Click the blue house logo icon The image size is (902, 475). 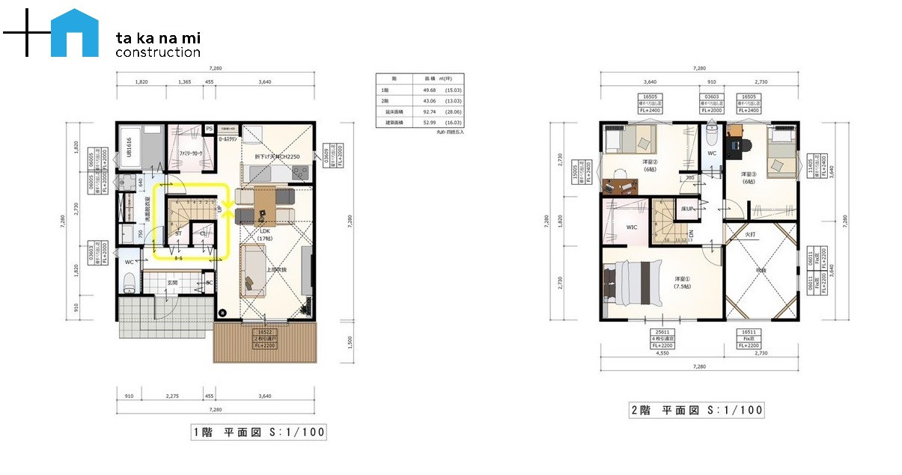pyautogui.click(x=75, y=34)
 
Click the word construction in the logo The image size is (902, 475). pyautogui.click(x=158, y=52)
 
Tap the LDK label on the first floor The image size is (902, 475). pyautogui.click(x=264, y=232)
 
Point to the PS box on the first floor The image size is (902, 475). pyautogui.click(x=209, y=128)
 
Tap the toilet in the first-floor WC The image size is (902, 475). pyautogui.click(x=129, y=282)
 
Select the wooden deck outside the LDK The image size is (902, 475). pyautogui.click(x=266, y=343)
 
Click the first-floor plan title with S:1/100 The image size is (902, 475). pyautogui.click(x=259, y=432)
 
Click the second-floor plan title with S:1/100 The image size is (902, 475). pyautogui.click(x=696, y=410)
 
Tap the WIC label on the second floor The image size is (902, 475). pyautogui.click(x=630, y=227)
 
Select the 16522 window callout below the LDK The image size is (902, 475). pyautogui.click(x=265, y=334)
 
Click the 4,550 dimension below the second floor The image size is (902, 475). pyautogui.click(x=662, y=354)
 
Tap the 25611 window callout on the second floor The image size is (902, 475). pyautogui.click(x=662, y=338)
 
